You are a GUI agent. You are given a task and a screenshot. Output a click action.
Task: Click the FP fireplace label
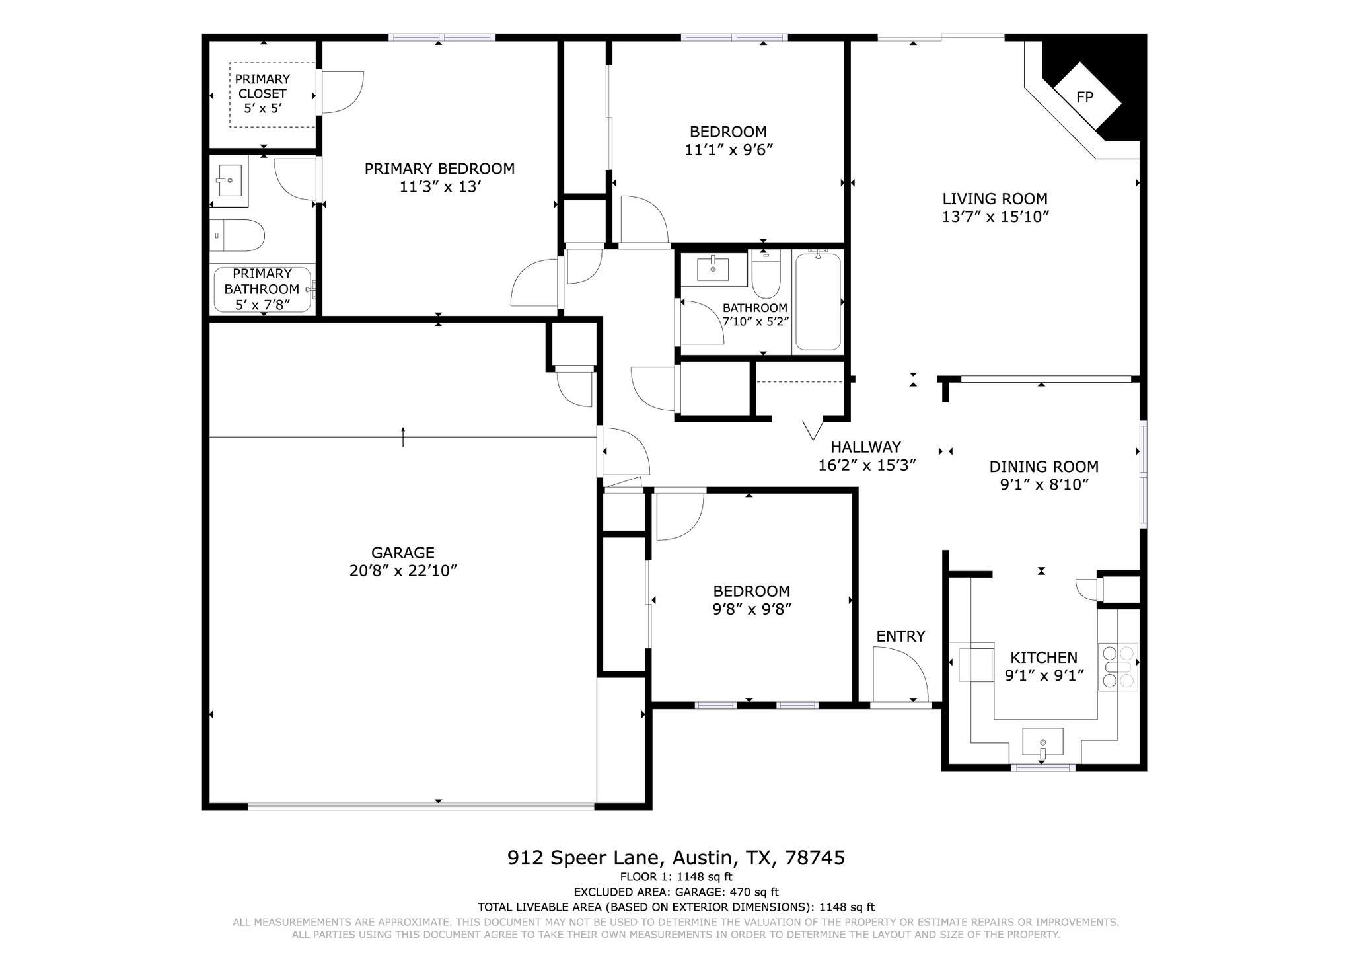click(1084, 98)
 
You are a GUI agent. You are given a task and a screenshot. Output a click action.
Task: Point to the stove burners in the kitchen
click(1118, 667)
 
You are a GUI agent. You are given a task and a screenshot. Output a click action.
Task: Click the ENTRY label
click(900, 636)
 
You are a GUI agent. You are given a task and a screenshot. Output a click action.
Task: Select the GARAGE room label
click(402, 553)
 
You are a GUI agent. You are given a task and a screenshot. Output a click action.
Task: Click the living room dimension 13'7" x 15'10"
click(995, 217)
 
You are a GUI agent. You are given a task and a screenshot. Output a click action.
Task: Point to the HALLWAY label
click(865, 447)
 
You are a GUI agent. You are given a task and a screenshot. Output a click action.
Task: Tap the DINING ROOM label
click(1043, 467)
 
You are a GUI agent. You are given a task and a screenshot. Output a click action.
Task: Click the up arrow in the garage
click(403, 436)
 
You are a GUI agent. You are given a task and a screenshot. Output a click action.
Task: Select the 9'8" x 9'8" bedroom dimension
click(751, 609)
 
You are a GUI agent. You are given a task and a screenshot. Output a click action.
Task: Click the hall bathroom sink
click(713, 269)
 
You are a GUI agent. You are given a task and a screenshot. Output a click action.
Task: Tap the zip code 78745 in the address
click(815, 858)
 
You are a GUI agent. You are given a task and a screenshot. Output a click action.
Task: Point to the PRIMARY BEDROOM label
click(439, 169)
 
